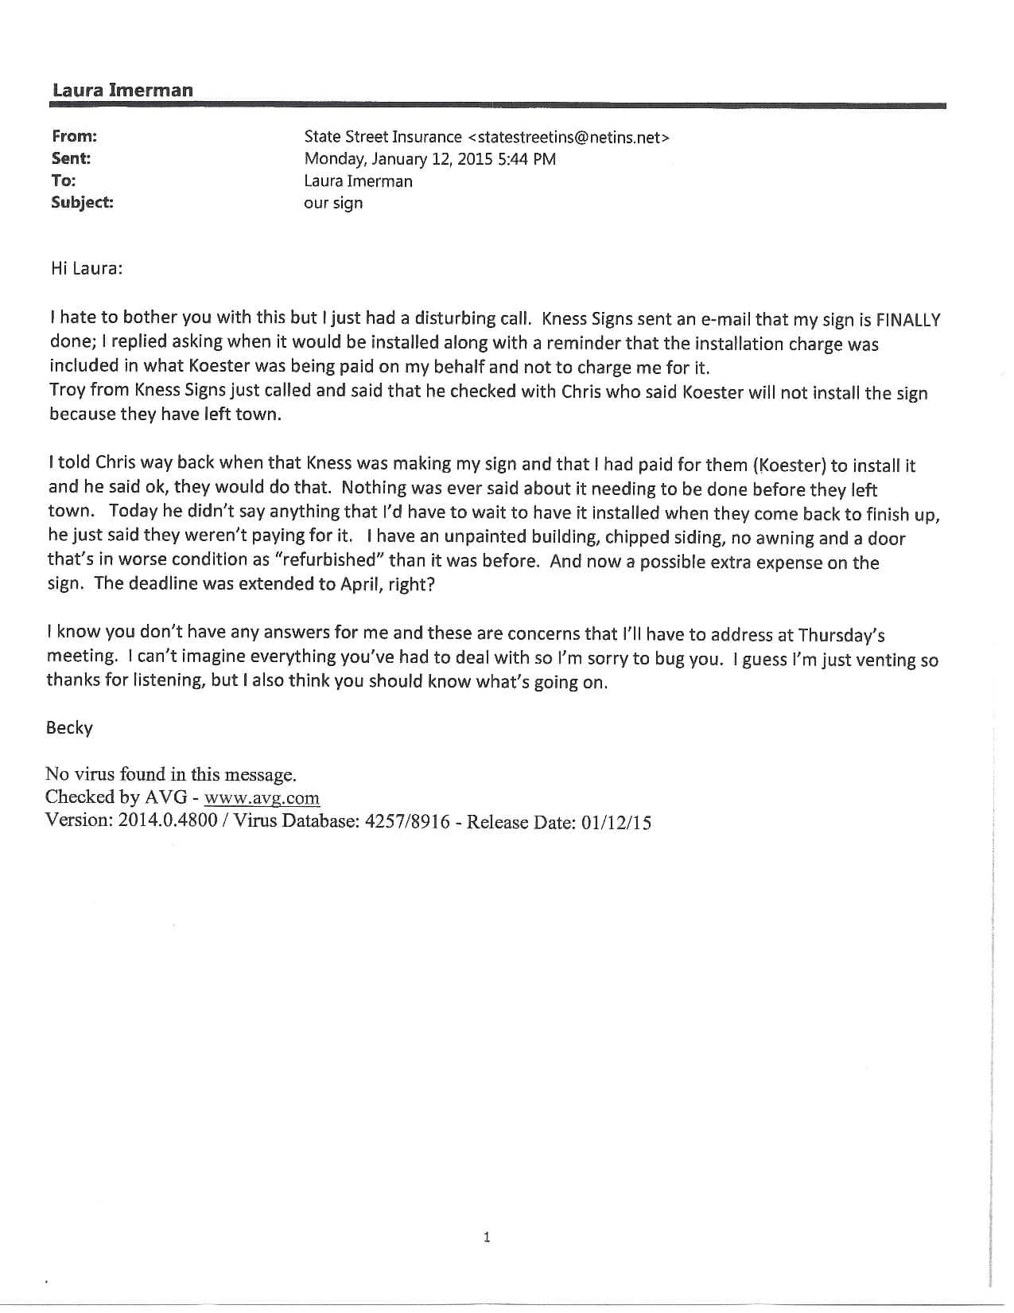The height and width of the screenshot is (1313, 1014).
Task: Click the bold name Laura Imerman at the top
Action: click(122, 90)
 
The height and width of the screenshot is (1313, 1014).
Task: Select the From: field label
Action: click(74, 136)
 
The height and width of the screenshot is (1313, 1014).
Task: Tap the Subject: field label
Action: click(82, 202)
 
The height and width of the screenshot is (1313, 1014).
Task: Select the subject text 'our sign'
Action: click(333, 203)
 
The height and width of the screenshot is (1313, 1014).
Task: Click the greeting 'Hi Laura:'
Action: click(87, 268)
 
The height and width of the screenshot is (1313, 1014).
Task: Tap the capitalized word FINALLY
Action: click(907, 320)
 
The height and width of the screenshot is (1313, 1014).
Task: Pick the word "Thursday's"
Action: click(842, 634)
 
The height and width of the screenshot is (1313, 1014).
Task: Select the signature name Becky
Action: click(69, 728)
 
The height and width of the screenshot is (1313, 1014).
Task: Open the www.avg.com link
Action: click(262, 798)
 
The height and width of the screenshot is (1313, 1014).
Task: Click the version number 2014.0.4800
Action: click(167, 821)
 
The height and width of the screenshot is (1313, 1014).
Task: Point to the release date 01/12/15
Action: click(616, 823)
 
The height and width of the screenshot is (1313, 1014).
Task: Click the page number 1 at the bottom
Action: click(487, 1237)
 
